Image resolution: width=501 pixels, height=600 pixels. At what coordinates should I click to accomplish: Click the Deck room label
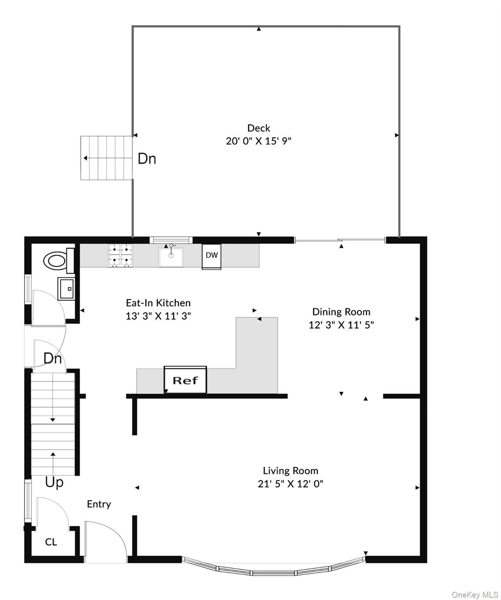(259, 128)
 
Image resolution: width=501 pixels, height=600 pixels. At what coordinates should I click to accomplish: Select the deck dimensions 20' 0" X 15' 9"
(259, 141)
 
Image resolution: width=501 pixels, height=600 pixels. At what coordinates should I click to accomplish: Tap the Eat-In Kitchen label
(158, 303)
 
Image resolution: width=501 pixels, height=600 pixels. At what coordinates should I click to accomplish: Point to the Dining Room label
(341, 312)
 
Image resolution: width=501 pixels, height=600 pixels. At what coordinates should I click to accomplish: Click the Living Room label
(290, 471)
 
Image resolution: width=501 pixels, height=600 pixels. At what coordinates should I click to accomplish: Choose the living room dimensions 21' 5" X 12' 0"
(290, 484)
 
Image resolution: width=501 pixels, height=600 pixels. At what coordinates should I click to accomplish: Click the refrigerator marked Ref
(185, 380)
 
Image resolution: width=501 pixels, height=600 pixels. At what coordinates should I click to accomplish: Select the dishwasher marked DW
(211, 256)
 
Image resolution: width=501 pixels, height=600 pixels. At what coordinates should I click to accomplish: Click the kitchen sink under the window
(171, 257)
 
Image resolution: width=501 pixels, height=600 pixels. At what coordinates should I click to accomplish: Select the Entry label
(99, 504)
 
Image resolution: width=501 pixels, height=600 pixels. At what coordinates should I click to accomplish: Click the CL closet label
(51, 542)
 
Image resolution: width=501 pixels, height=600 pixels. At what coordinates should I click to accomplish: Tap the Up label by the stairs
(54, 482)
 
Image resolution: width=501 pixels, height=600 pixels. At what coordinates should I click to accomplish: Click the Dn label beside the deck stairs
(147, 159)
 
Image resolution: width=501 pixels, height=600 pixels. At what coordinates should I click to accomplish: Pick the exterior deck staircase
(106, 158)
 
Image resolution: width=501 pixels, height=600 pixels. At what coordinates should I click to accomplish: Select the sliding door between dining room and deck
(339, 241)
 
